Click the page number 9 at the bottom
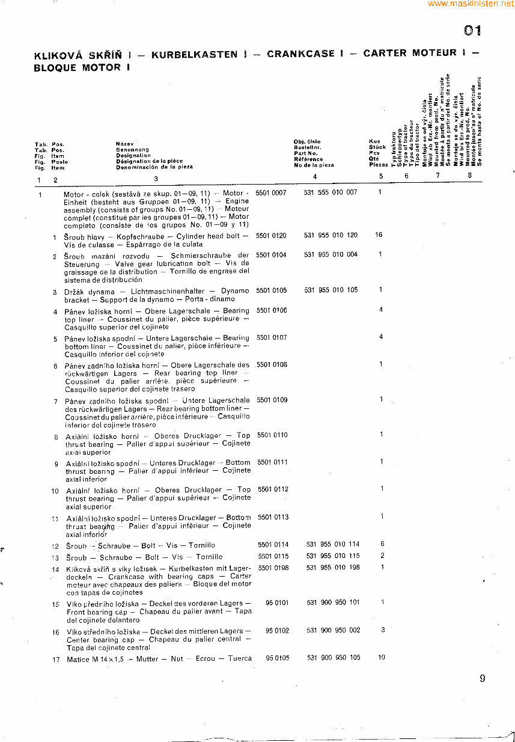tap(482, 678)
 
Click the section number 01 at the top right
tap(473, 31)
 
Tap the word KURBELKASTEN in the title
tap(194, 54)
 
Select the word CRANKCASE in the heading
tap(300, 54)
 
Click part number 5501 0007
tap(271, 192)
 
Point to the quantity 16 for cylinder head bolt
tap(379, 235)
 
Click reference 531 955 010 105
tap(331, 290)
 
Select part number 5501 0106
tap(272, 310)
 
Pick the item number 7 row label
tap(55, 401)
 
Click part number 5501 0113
tap(273, 517)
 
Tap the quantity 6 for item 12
tap(382, 544)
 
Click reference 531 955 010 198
tap(333, 567)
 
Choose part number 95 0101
tap(277, 602)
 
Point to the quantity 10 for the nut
tap(382, 657)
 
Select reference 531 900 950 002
tap(334, 630)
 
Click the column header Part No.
tap(305, 153)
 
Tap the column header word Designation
tap(133, 155)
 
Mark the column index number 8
tap(470, 176)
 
